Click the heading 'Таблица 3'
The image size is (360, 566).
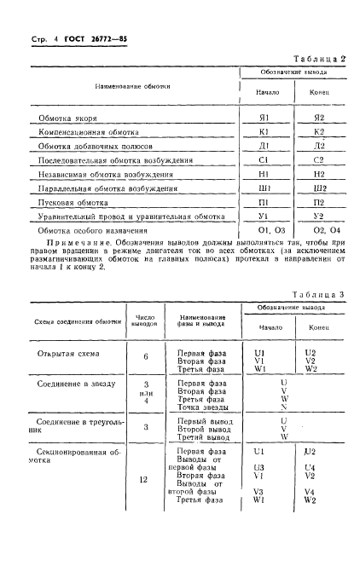click(x=317, y=294)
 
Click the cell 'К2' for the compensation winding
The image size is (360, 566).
click(x=319, y=132)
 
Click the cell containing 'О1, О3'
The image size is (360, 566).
click(x=265, y=231)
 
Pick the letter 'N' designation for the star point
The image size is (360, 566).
click(x=282, y=407)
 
